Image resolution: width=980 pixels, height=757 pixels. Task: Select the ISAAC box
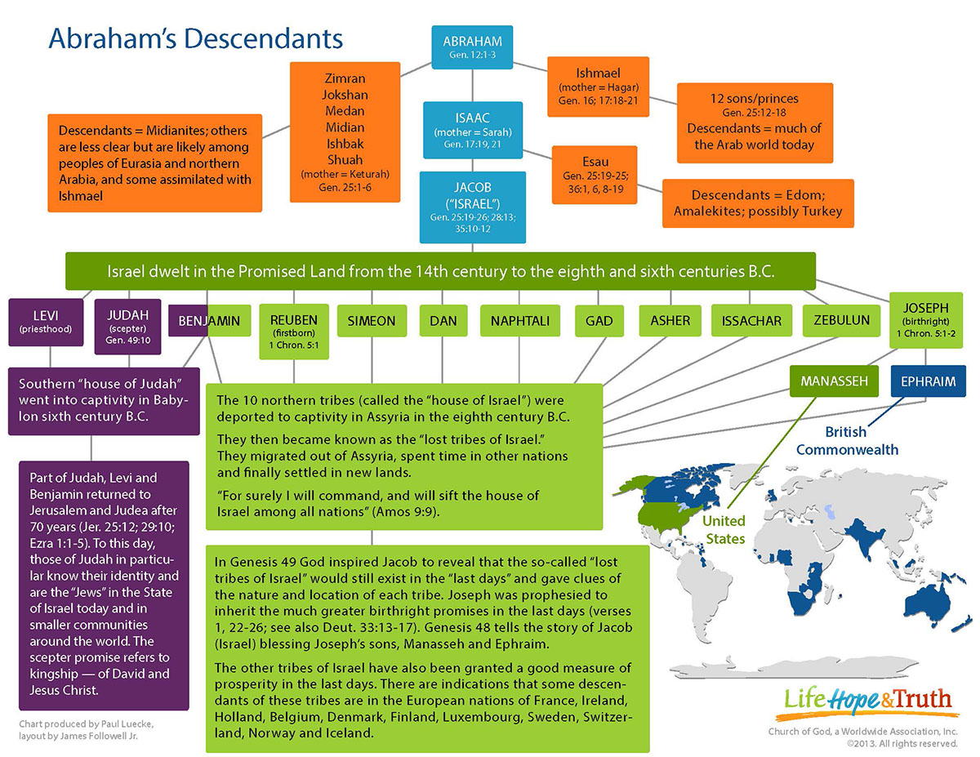click(472, 130)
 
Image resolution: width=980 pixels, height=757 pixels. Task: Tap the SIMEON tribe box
click(371, 321)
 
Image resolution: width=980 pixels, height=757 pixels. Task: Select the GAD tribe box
click(599, 321)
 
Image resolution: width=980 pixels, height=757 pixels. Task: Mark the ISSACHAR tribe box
click(751, 321)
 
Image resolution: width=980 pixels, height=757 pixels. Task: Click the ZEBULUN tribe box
click(841, 321)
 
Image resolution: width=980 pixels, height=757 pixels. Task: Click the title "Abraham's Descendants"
click(196, 38)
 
